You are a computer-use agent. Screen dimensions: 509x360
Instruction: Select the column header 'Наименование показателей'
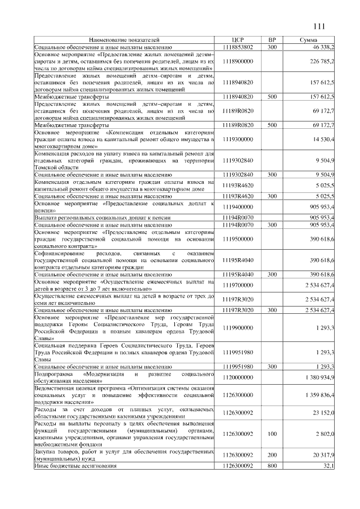[x=124, y=40]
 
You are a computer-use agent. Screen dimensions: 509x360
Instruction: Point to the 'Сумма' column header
[x=308, y=40]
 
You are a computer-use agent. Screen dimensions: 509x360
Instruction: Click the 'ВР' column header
[x=272, y=40]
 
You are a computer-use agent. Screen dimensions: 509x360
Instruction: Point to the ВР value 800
[x=272, y=467]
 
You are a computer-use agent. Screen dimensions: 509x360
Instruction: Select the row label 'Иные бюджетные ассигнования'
[x=75, y=467]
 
